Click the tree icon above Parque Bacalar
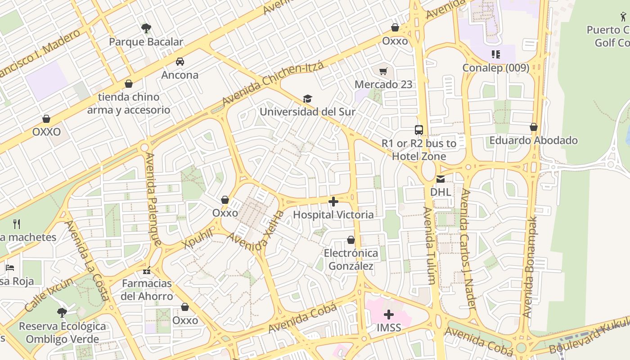(x=146, y=28)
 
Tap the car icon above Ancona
(x=180, y=62)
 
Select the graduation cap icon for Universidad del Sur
(x=307, y=99)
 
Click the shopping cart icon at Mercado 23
(x=383, y=71)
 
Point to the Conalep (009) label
(x=495, y=67)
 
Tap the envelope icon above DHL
(x=440, y=179)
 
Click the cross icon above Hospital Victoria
(x=333, y=202)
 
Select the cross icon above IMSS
(x=389, y=315)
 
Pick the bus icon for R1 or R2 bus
(x=419, y=130)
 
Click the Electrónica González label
(x=351, y=260)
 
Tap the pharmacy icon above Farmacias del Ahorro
(x=147, y=270)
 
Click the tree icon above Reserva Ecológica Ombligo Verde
(x=62, y=312)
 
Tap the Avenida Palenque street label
(x=153, y=199)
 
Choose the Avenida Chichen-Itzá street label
(x=273, y=84)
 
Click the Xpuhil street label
(x=198, y=238)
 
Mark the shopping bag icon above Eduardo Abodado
(x=534, y=127)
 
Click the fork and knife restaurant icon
(x=17, y=224)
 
